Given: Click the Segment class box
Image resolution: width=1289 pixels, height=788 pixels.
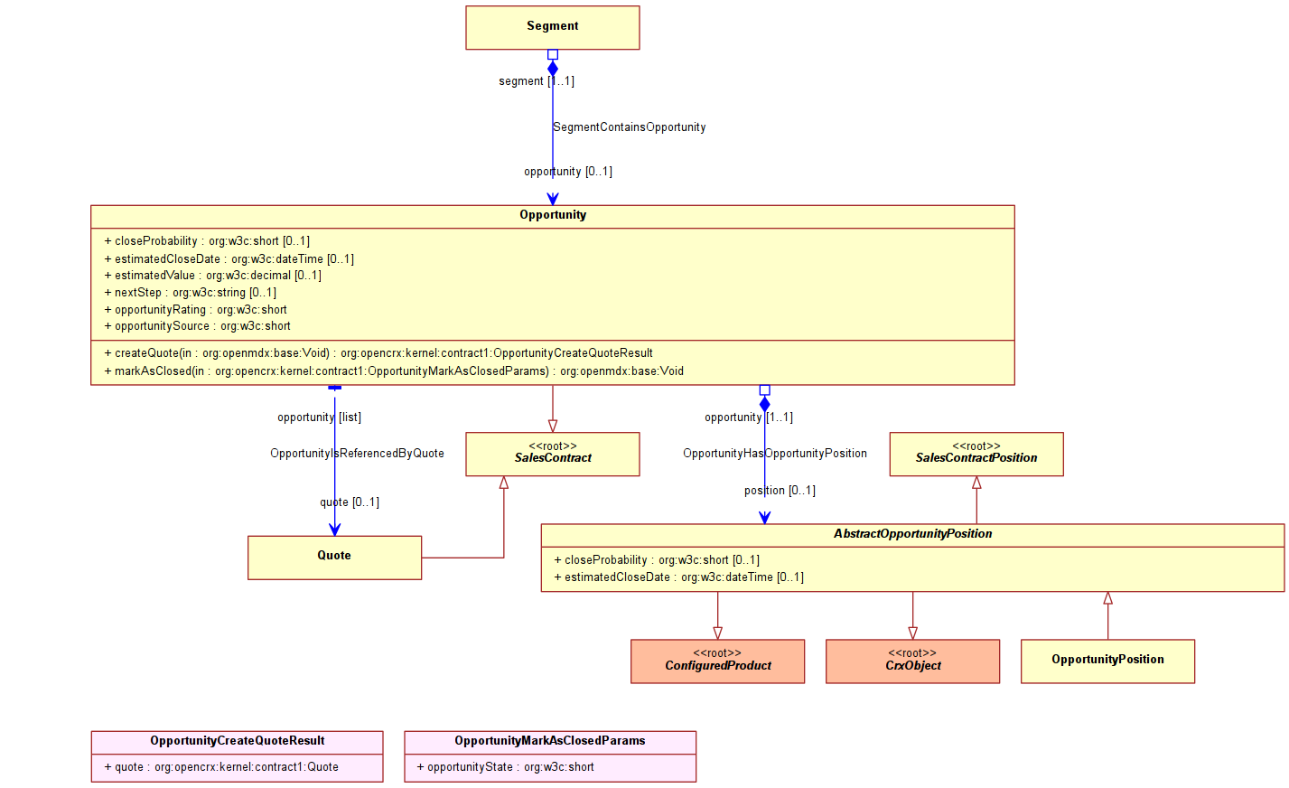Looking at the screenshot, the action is click(x=553, y=28).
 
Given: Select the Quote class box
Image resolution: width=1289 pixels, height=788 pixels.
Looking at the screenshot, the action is click(x=334, y=558).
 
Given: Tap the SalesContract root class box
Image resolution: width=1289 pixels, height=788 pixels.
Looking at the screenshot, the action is click(x=553, y=455).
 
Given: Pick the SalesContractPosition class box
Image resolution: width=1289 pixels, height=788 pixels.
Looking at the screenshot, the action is click(x=976, y=455).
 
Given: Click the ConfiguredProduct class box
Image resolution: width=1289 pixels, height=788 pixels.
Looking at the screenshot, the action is click(x=717, y=661).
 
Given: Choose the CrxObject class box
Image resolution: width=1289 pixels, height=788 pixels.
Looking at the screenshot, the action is click(x=912, y=661).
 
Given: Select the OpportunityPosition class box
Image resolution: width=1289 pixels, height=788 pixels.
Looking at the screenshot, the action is click(x=1107, y=661).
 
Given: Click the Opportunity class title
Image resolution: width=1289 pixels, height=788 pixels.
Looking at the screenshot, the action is click(x=553, y=215).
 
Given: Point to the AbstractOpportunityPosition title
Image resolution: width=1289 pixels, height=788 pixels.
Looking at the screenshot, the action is click(x=912, y=533).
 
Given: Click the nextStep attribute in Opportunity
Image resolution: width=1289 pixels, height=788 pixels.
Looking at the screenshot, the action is click(x=191, y=293).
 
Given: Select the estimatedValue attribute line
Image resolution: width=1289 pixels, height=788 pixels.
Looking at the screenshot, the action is click(x=213, y=275).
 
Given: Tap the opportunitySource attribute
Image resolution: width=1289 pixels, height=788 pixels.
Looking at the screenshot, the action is click(x=198, y=326).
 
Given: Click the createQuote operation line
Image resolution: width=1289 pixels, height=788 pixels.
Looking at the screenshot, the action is click(x=378, y=352).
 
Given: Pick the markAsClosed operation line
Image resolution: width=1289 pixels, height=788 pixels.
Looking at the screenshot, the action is click(x=394, y=371).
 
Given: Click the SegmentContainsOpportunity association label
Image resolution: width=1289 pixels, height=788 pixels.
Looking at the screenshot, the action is click(x=630, y=127).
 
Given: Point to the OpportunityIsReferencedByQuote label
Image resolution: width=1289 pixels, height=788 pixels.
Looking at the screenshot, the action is click(x=358, y=453).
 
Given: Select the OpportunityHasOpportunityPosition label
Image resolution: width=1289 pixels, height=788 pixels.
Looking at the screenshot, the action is click(x=775, y=453).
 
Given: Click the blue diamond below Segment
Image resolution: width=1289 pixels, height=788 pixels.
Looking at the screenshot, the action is click(x=553, y=69).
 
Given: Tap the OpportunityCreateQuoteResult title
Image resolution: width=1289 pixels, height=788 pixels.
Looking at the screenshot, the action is click(x=237, y=741).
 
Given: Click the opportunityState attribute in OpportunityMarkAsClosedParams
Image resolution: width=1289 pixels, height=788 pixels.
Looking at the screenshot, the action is click(x=505, y=766).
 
